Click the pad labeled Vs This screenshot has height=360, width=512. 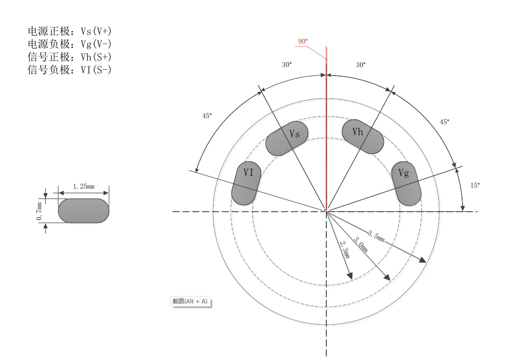coord(287,139)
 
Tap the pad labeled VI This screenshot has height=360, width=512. coord(246,183)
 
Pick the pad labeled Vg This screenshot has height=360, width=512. coord(406,184)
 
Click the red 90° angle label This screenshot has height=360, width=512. coord(303,41)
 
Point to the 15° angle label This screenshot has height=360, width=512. coord(475,186)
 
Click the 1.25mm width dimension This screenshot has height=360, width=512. coord(83,187)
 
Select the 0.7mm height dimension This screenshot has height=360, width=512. coord(39,211)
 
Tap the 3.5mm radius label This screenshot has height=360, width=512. coord(377,236)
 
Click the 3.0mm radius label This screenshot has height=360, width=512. coord(361,245)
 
